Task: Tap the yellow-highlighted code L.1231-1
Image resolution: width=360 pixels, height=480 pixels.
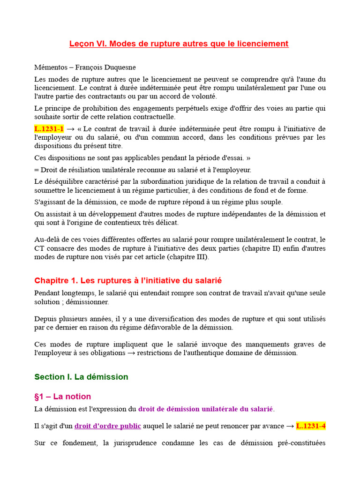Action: [49, 129]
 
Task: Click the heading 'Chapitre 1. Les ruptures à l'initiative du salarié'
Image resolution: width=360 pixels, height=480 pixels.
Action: [128, 280]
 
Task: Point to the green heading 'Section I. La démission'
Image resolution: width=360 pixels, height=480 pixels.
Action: [81, 376]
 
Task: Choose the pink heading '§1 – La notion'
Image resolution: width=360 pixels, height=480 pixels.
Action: [63, 396]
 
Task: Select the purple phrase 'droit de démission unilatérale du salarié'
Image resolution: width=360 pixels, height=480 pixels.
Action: [206, 409]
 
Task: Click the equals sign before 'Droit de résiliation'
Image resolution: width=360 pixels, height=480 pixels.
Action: [37, 170]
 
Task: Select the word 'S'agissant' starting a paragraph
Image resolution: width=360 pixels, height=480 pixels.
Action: [50, 202]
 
